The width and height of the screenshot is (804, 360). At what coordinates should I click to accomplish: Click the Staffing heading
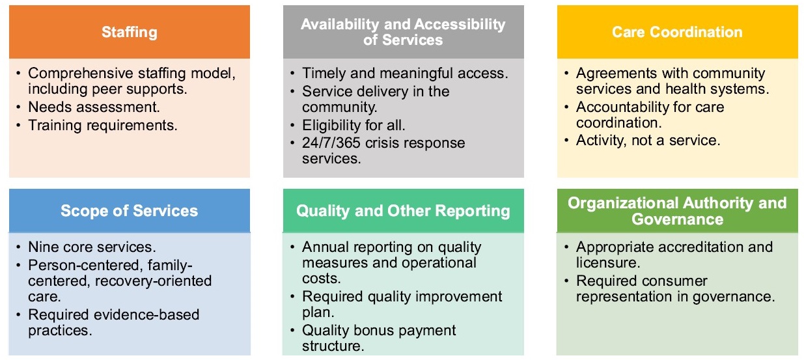130,33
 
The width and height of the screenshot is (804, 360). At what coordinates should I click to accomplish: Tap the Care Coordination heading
677,32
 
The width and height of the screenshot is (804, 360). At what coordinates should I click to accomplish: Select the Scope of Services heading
129,211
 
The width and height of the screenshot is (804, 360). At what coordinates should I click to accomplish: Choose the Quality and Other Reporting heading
403,211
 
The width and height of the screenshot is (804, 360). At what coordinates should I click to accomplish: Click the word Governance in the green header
677,219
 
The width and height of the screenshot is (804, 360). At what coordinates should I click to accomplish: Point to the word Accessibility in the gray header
460,24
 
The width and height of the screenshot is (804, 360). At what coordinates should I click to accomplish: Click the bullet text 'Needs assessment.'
94,107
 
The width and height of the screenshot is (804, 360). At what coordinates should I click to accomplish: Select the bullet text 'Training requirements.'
103,125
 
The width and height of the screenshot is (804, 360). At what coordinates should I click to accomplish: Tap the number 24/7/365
331,143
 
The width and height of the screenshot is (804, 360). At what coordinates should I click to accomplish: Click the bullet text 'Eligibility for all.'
353,125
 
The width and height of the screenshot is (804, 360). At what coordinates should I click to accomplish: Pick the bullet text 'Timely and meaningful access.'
405,73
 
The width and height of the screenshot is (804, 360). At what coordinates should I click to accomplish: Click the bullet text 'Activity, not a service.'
648,141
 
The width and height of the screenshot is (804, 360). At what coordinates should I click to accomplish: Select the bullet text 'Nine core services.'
92,247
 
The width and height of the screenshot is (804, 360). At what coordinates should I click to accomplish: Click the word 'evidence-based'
146,315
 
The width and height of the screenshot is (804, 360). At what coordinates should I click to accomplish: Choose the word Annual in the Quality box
324,247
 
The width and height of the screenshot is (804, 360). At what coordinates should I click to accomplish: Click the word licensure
608,263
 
